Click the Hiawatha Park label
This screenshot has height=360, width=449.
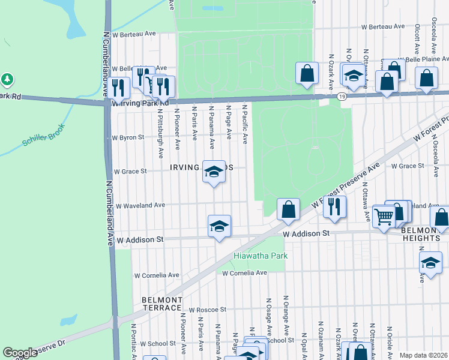[x=261, y=256]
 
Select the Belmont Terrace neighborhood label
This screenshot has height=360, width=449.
[x=161, y=304]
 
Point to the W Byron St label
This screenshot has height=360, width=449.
[x=128, y=137]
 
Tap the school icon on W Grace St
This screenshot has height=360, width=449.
[x=213, y=172]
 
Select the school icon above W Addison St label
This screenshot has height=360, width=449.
[x=219, y=226]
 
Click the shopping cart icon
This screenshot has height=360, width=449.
[x=384, y=215]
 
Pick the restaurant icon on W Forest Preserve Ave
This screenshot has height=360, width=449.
[x=334, y=207]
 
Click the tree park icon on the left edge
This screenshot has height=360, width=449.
[x=7, y=79]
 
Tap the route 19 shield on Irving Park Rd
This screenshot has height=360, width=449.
[x=342, y=96]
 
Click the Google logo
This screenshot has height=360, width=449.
[x=20, y=353]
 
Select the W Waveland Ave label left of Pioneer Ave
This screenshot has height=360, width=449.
[x=140, y=205]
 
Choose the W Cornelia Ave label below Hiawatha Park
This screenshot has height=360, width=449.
[x=244, y=273]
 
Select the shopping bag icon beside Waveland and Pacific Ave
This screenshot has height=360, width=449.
[x=288, y=209]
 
